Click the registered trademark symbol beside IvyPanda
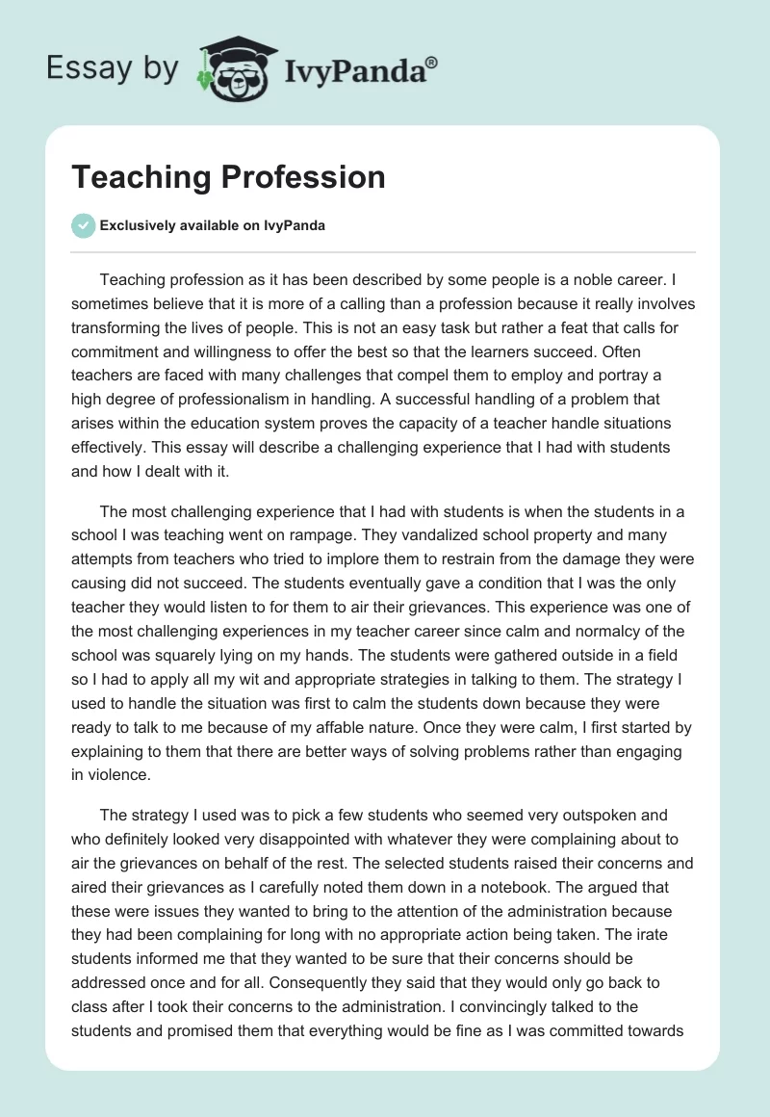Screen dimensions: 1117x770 click(x=432, y=62)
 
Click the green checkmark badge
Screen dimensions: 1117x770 click(x=83, y=225)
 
